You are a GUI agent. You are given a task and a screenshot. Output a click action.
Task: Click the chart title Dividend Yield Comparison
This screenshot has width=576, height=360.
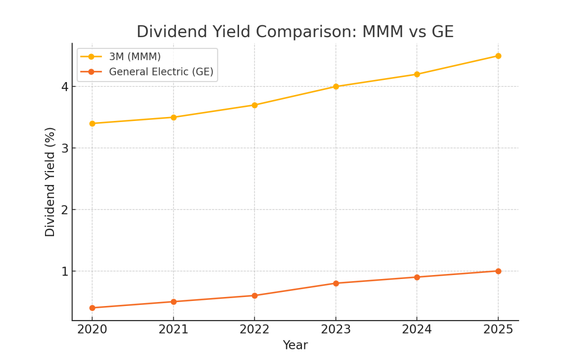[295, 31]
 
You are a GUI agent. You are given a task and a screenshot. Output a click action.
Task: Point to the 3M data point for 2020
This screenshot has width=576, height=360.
[92, 123]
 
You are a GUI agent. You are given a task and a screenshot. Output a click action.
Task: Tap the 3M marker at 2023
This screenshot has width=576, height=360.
[336, 87]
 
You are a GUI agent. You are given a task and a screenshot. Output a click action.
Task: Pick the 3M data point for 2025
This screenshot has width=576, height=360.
[498, 56]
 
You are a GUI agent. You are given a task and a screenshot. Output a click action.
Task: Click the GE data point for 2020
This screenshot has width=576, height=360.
[92, 308]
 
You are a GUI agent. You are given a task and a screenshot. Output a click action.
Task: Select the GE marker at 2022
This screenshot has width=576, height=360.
[254, 295]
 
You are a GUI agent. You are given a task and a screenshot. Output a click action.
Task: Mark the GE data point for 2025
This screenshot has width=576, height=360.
[498, 271]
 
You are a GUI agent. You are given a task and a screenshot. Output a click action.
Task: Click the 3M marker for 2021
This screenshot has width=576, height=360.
[173, 117]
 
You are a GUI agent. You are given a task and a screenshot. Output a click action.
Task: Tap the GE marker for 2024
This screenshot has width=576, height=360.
[417, 277]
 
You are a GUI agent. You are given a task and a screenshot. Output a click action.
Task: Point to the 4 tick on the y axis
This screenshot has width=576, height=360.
[65, 87]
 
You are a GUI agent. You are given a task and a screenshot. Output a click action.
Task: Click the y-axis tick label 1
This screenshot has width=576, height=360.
[65, 272]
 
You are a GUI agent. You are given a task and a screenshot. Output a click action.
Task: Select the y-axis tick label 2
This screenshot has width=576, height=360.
[65, 210]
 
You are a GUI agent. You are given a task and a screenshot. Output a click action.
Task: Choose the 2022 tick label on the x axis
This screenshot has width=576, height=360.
[254, 330]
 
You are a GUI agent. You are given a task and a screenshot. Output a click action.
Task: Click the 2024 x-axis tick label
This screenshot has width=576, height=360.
[417, 330]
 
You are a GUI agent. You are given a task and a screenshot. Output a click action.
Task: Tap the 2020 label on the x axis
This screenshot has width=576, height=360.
[92, 330]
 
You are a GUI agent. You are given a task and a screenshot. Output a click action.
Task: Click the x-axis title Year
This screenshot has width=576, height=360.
[295, 345]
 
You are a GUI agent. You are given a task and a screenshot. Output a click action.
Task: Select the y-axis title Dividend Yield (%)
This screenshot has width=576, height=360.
[51, 182]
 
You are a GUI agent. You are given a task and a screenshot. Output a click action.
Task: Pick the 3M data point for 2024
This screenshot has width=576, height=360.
[417, 74]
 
